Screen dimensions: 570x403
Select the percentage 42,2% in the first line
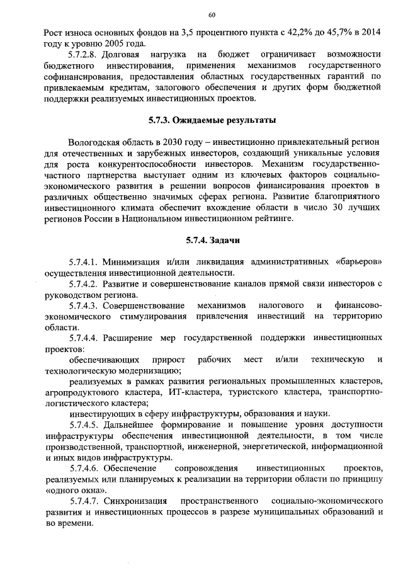click(x=292, y=32)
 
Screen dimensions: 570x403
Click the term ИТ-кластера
click(x=191, y=392)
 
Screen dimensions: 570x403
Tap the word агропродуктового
click(x=81, y=392)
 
